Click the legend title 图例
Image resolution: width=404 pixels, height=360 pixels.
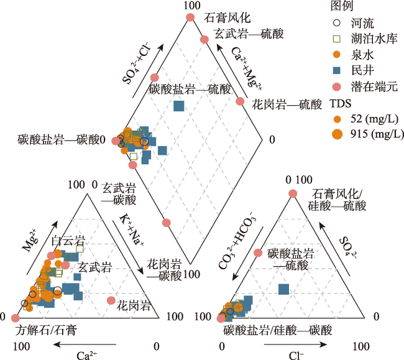coord(342,6)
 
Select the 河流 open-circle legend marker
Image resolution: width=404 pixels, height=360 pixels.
coord(336,23)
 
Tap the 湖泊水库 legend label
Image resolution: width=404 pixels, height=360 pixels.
coord(374,39)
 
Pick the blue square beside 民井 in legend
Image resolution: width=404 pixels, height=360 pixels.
coord(336,70)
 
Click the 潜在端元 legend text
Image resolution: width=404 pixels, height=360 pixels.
coord(374,86)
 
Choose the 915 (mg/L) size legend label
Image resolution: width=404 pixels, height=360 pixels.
coord(377,134)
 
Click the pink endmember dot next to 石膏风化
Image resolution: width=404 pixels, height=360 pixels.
coord(190,17)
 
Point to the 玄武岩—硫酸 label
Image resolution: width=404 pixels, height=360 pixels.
coord(249,34)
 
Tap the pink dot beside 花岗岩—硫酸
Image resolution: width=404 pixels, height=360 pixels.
coord(240,101)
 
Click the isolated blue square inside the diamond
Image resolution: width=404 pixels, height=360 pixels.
coord(179,106)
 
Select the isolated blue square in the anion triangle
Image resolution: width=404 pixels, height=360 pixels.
coord(283,289)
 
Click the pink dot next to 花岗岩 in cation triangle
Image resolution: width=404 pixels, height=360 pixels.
coord(111,300)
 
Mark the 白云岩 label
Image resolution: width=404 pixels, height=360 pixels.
coord(68,241)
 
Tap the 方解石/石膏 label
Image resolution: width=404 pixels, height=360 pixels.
coord(46,330)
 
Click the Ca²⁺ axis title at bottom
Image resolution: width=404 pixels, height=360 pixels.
coord(87,355)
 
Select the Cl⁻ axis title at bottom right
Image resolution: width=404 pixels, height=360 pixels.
coord(296,356)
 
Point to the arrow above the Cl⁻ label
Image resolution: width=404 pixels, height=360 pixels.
coord(295,344)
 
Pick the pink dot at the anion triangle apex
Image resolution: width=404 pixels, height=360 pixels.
coord(293,193)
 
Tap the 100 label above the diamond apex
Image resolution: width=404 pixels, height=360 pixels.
coord(192,6)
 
